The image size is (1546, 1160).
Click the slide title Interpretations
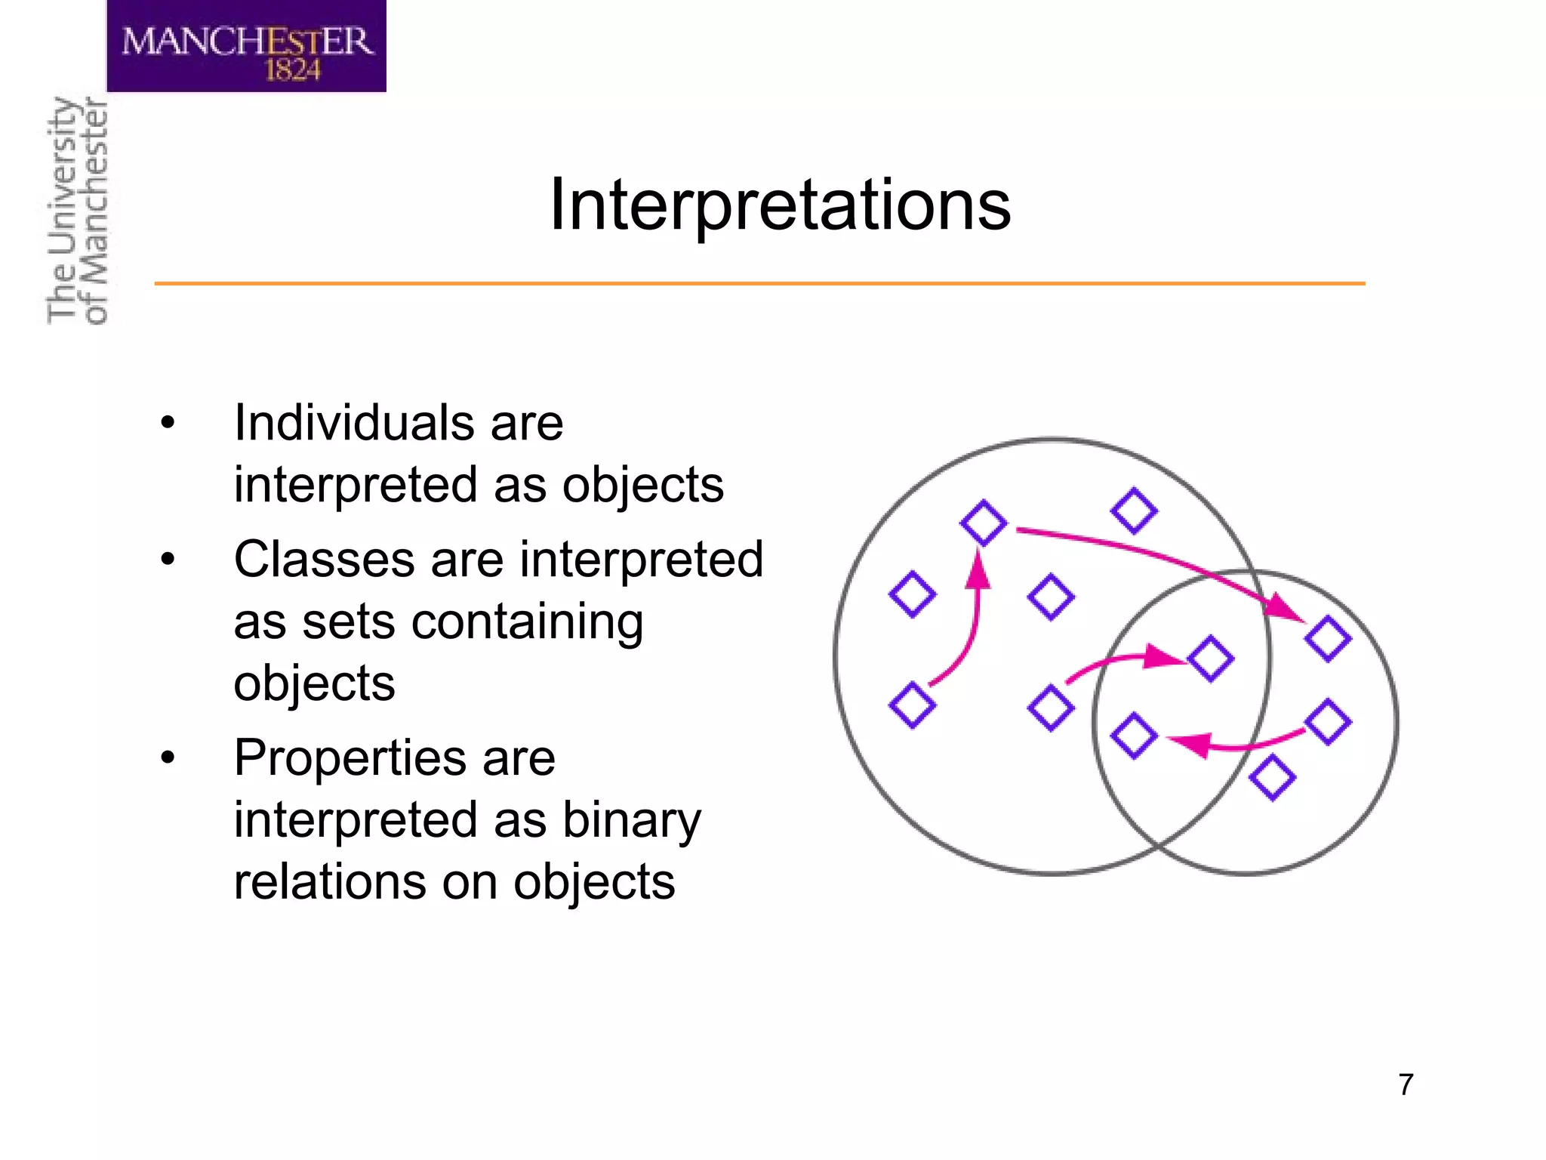coord(780,205)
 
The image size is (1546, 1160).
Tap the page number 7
coord(1405,1084)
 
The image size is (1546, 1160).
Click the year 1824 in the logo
coord(292,70)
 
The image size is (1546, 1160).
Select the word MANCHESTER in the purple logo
coord(247,41)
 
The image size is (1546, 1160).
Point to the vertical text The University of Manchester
coord(78,211)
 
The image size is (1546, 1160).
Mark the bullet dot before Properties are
coord(168,757)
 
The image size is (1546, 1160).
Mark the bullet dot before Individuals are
coord(168,423)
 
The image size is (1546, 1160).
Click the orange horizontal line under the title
coord(759,283)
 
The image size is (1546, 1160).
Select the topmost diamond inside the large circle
coord(1134,511)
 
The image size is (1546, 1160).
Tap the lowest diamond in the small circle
coord(1272,777)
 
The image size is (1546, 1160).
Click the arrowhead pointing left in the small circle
coord(1191,743)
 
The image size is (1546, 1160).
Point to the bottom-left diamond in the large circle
coord(912,705)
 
